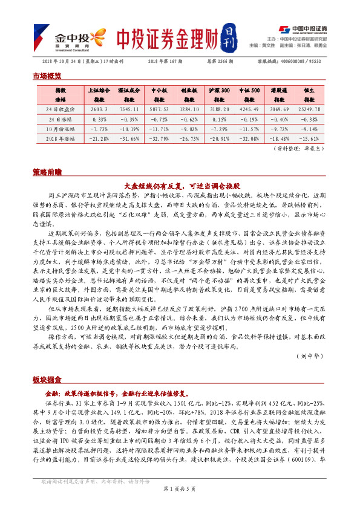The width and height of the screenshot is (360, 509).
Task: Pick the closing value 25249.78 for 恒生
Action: [309, 109]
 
